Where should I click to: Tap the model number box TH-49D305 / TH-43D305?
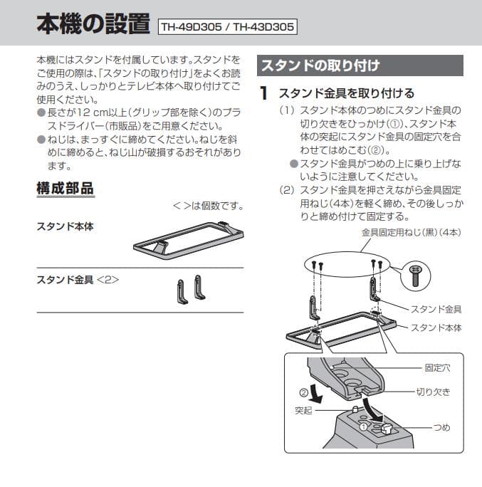coord(227,27)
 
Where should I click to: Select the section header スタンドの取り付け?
coord(320,66)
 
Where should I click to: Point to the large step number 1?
coord(263,93)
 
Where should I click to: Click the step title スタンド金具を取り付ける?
coord(346,93)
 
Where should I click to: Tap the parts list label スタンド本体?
coord(65,226)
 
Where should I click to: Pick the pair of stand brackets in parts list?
coord(192,289)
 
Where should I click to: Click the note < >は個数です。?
coord(207,207)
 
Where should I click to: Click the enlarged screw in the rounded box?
coord(415,273)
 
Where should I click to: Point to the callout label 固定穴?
coord(437,368)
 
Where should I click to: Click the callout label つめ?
coord(442,427)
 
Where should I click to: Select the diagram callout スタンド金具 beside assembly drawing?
coord(436,309)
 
